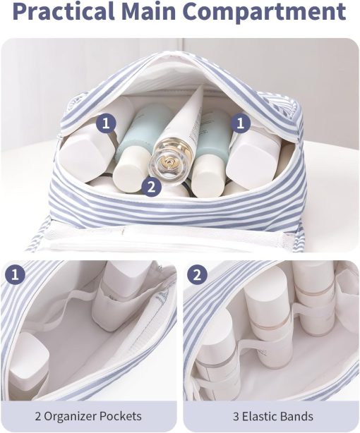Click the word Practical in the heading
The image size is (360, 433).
64,12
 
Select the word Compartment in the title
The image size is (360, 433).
264,12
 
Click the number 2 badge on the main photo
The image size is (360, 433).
151,188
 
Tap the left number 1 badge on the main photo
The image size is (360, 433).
106,123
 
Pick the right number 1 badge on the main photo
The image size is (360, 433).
241,123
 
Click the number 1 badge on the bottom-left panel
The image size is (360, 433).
16,275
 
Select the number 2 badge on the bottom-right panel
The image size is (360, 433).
197,275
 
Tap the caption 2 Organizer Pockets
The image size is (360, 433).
88,416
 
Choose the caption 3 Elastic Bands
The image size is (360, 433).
273,416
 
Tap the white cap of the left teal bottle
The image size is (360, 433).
128,169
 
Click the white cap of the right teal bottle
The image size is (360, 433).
208,174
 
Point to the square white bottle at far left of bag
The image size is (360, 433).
86,150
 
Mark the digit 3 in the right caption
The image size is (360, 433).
236,416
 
